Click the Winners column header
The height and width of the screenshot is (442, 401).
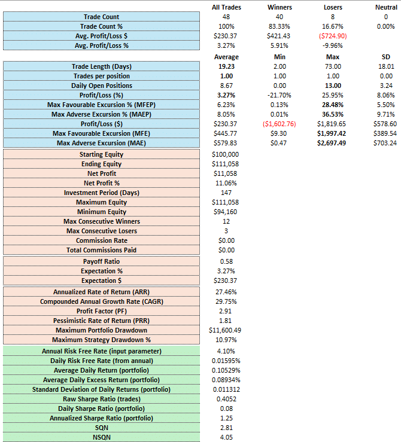click(x=280, y=7)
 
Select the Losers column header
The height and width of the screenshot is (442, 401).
click(x=333, y=7)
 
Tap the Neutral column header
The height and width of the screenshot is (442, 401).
click(x=386, y=7)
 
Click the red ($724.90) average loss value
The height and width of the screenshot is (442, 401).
click(x=333, y=36)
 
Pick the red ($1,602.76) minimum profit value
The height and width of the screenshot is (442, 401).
click(x=280, y=124)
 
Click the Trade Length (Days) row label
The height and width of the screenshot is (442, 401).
click(x=102, y=66)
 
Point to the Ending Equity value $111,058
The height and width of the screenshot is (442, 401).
click(x=225, y=164)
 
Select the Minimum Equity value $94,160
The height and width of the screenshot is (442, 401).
click(x=225, y=212)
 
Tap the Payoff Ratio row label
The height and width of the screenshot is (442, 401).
click(x=102, y=261)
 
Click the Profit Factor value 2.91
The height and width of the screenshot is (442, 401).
click(x=225, y=311)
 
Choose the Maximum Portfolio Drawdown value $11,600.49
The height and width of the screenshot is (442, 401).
click(x=225, y=330)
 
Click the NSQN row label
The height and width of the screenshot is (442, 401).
click(x=102, y=437)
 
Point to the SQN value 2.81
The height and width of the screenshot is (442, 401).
click(x=226, y=428)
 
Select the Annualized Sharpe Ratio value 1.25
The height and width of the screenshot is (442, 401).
click(x=226, y=418)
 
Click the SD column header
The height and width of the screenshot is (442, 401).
click(x=386, y=57)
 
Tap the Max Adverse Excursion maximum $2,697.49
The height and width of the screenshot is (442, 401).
click(x=332, y=143)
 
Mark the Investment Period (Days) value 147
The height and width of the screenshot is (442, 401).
click(x=226, y=193)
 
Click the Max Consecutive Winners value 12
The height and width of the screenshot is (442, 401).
click(x=226, y=221)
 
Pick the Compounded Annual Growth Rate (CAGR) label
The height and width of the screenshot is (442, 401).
click(x=102, y=301)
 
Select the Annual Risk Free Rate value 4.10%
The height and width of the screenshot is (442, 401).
click(x=226, y=351)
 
